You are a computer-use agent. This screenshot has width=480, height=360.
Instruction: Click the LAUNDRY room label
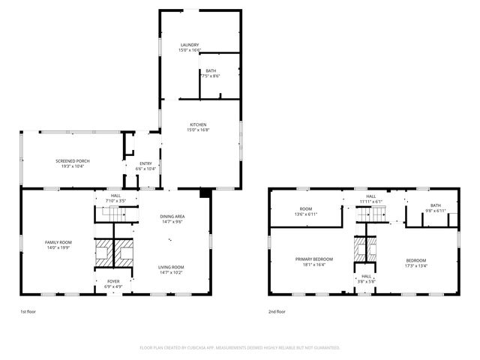click(189, 45)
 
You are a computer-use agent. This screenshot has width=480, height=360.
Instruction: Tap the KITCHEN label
click(198, 124)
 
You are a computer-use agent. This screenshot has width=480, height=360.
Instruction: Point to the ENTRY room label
click(145, 163)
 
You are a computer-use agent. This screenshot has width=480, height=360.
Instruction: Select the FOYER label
click(112, 281)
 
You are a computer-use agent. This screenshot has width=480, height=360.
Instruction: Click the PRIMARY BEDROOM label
click(313, 259)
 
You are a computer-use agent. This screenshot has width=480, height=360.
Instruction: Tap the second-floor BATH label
click(436, 205)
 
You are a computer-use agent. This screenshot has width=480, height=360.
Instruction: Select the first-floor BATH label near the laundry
click(211, 70)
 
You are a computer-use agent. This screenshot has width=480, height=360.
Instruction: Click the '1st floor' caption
click(28, 311)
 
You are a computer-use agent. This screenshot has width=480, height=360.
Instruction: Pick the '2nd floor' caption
click(277, 311)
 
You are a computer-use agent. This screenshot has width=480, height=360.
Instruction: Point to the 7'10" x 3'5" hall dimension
click(115, 201)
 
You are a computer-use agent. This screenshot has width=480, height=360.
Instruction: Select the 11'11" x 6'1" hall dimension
click(370, 201)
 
